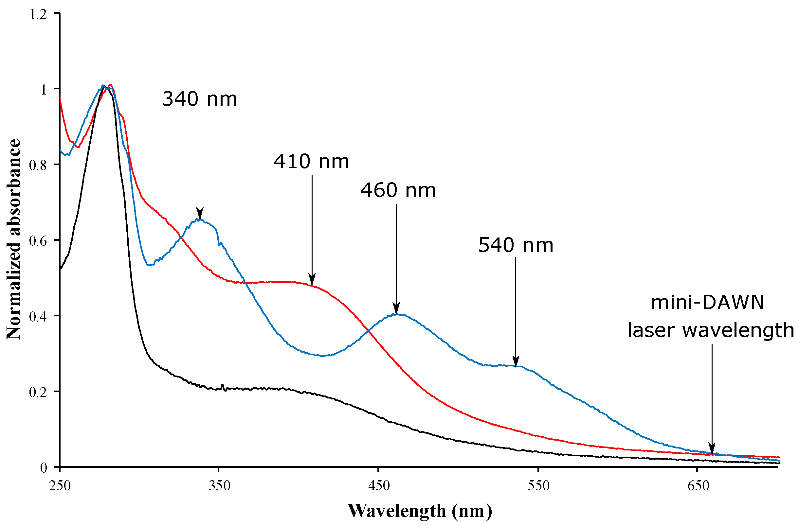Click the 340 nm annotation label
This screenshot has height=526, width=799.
199,100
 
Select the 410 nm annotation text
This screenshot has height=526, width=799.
311,162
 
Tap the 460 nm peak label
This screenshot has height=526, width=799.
398,190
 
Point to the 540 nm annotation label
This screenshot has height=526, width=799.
515,246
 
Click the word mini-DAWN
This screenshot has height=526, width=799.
707,303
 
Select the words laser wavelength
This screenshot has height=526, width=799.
711,330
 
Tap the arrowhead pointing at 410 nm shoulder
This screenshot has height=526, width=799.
312,279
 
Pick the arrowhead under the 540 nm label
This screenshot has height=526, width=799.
516,362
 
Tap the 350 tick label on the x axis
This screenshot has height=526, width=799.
219,486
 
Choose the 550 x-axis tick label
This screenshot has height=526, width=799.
538,486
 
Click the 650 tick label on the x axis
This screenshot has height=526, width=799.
698,486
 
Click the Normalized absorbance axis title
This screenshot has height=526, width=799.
14,239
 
